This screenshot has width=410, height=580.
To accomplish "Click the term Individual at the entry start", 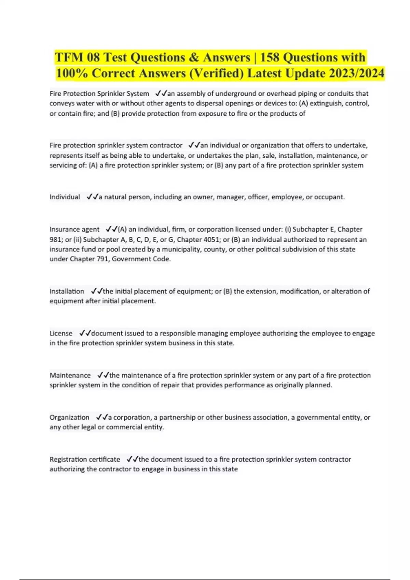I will (x=65, y=197).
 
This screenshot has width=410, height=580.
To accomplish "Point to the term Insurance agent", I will (x=74, y=229).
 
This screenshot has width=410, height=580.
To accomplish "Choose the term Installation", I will (x=67, y=291).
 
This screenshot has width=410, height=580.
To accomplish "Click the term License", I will (x=61, y=333).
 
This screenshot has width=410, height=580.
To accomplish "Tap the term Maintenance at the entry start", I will (x=70, y=375).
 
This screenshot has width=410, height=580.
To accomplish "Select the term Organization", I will (x=69, y=417).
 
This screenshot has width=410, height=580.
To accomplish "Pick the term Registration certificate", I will (x=85, y=459).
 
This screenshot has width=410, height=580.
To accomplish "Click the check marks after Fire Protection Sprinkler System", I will (x=161, y=93).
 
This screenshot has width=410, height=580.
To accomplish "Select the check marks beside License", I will (x=85, y=333).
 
